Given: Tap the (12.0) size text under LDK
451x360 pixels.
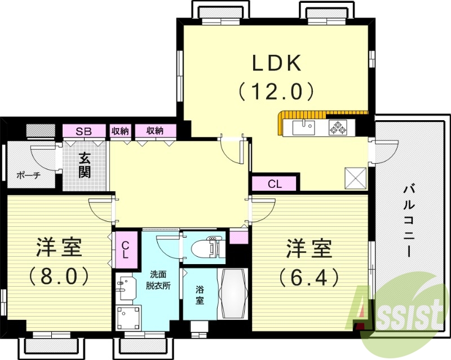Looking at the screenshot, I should pyautogui.click(x=276, y=90).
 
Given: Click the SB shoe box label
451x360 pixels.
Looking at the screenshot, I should pyautogui.click(x=85, y=131).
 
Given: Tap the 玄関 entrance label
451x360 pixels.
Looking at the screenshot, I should pyautogui.click(x=85, y=165).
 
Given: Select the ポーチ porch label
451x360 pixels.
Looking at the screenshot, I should pyautogui.click(x=28, y=175).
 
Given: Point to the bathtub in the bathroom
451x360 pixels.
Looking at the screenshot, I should pyautogui.click(x=232, y=294).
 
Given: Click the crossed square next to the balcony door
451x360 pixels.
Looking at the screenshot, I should pyautogui.click(x=356, y=178).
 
